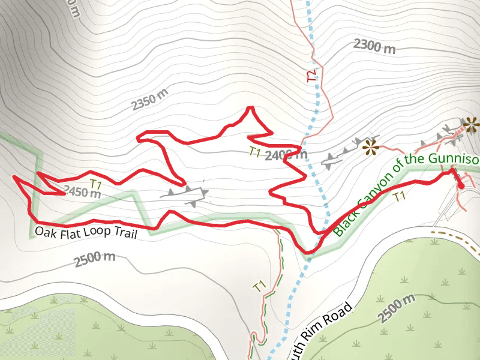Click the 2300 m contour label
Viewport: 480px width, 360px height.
374,46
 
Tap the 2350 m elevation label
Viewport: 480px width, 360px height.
150,101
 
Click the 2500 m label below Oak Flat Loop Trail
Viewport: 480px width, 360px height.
95,260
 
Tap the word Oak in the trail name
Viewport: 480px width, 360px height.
44,232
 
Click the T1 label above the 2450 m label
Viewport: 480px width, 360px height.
96,182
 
